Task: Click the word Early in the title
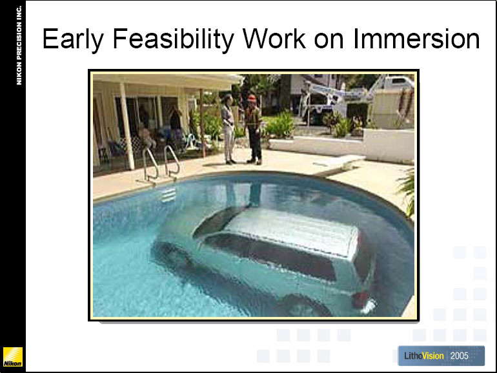(x=73, y=39)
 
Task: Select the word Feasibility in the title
(x=174, y=39)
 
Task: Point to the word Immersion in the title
(x=416, y=38)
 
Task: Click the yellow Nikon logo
(x=13, y=356)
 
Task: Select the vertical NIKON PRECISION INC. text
(x=19, y=45)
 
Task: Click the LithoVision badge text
(x=424, y=356)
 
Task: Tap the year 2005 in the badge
(x=460, y=356)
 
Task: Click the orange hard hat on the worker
(x=252, y=98)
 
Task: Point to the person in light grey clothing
(x=228, y=129)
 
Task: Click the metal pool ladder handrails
(x=161, y=163)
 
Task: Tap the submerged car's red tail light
(x=360, y=299)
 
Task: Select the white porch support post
(x=127, y=126)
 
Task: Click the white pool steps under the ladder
(x=168, y=195)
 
